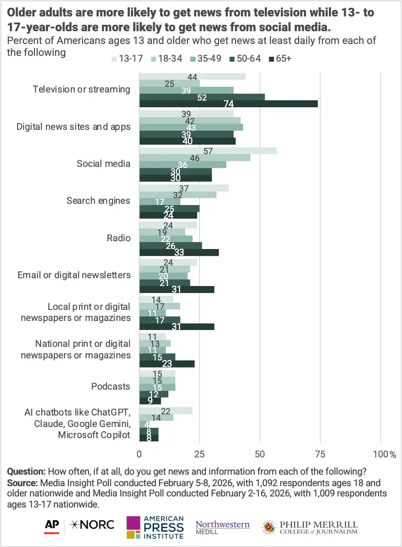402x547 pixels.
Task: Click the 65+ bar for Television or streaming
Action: tap(228, 104)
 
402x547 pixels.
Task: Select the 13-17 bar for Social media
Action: tap(207, 151)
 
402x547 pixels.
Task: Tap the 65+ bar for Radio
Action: tap(179, 252)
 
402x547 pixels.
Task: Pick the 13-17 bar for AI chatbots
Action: tap(165, 411)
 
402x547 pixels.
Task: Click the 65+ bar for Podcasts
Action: tap(150, 401)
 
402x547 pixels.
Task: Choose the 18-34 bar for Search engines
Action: tap(177, 195)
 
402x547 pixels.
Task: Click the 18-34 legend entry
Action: tap(167, 59)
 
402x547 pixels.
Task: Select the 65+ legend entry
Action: tap(280, 59)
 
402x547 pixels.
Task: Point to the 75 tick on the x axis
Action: tap(320, 454)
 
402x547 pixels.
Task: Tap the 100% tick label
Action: tap(384, 454)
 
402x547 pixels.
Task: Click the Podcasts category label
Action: tap(110, 386)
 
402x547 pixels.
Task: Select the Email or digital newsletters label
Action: tap(74, 275)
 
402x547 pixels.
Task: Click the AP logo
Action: tap(52, 526)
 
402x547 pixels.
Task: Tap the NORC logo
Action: tap(92, 525)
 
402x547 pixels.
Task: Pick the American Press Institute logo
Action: tap(155, 528)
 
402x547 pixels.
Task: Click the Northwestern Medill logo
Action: tap(222, 527)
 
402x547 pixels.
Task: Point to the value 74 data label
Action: tap(228, 104)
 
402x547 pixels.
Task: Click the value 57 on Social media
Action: tap(208, 151)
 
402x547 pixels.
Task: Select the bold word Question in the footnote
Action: tap(26, 471)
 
